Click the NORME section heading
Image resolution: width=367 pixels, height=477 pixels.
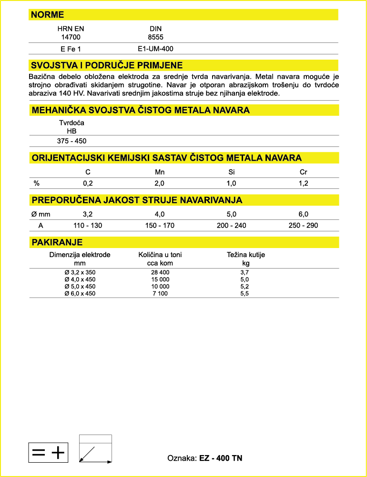47,15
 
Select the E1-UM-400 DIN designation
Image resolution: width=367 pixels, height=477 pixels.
155,48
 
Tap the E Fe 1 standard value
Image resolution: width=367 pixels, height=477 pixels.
71,48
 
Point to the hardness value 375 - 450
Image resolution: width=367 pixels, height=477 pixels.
71,141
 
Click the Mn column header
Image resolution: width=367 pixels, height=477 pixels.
160,172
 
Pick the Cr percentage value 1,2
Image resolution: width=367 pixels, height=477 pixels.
303,183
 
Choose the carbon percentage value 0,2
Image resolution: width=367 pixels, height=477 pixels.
88,183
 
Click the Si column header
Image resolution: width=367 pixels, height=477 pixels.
232,172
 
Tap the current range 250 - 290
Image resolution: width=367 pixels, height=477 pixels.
303,225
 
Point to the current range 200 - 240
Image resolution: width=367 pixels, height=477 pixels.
232,225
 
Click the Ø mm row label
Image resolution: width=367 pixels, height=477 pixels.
41,214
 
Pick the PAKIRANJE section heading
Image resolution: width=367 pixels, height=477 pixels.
57,242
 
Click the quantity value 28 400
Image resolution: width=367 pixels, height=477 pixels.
160,272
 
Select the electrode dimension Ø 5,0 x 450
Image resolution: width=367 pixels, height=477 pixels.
80,287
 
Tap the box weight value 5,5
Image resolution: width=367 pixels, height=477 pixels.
245,294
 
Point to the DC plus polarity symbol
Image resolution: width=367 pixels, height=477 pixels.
48,452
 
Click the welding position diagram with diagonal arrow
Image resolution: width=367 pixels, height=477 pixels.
95,449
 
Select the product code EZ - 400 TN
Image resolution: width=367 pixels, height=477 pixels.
221,458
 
